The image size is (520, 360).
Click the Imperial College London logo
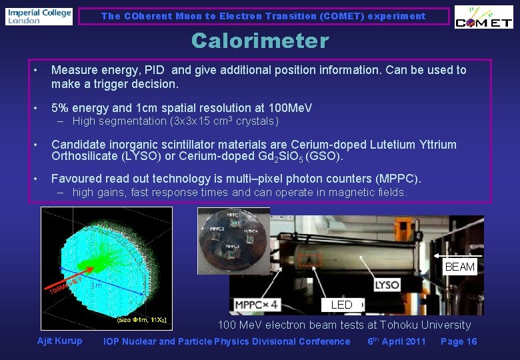[39, 16]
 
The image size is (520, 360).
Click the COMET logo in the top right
[483, 17]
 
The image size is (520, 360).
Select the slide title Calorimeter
[260, 41]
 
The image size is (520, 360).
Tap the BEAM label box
[460, 267]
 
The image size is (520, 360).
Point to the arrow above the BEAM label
[457, 255]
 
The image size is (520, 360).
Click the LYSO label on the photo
[387, 285]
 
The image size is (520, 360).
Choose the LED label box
[341, 305]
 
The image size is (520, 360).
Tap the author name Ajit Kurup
[60, 341]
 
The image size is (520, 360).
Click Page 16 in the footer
[459, 341]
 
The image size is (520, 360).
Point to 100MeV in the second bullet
[290, 108]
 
